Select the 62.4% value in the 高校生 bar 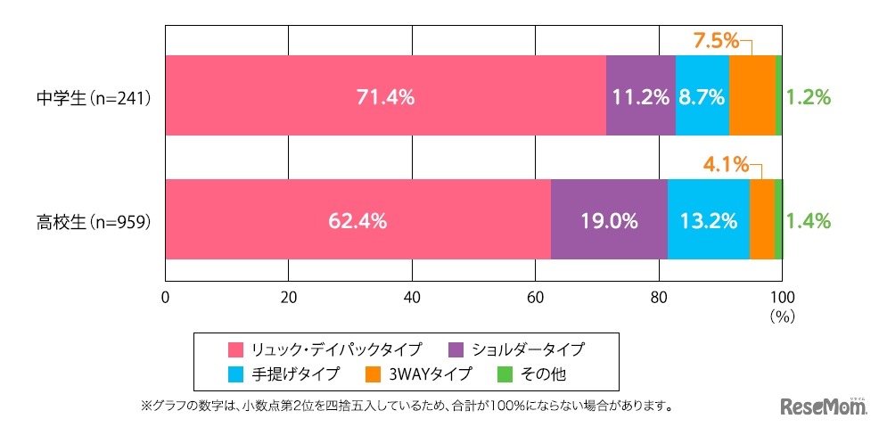(357, 221)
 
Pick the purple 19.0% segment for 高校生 (608, 221)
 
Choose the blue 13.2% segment (708, 221)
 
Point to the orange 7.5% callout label (716, 40)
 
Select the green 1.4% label (809, 221)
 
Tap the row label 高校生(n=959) (86, 222)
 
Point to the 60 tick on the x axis (535, 298)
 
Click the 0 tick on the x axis (166, 298)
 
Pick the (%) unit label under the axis (781, 316)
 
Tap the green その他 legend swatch (503, 374)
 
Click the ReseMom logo (824, 406)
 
